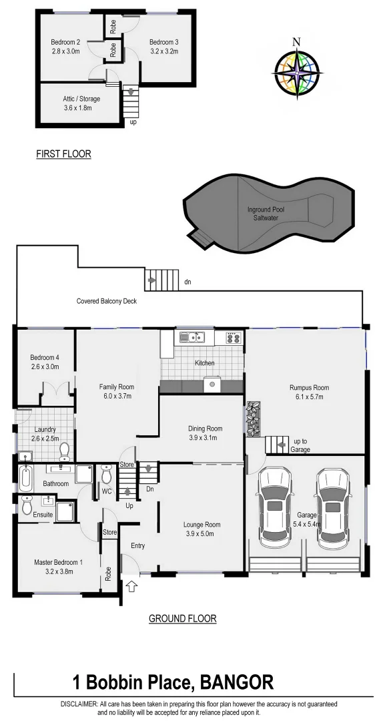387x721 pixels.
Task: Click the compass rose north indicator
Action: click(296, 42)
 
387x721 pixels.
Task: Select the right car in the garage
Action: click(332, 507)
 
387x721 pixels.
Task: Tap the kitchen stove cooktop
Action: click(233, 338)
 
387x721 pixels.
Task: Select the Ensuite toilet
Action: click(27, 506)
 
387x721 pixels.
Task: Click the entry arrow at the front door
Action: click(131, 587)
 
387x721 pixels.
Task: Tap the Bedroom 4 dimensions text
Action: click(45, 367)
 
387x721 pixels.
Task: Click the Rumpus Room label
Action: click(309, 387)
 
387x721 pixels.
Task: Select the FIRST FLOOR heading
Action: click(63, 154)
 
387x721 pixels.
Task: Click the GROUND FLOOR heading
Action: click(182, 619)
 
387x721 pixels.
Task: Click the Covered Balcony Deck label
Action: click(106, 301)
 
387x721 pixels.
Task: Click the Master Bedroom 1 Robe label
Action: click(109, 574)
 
